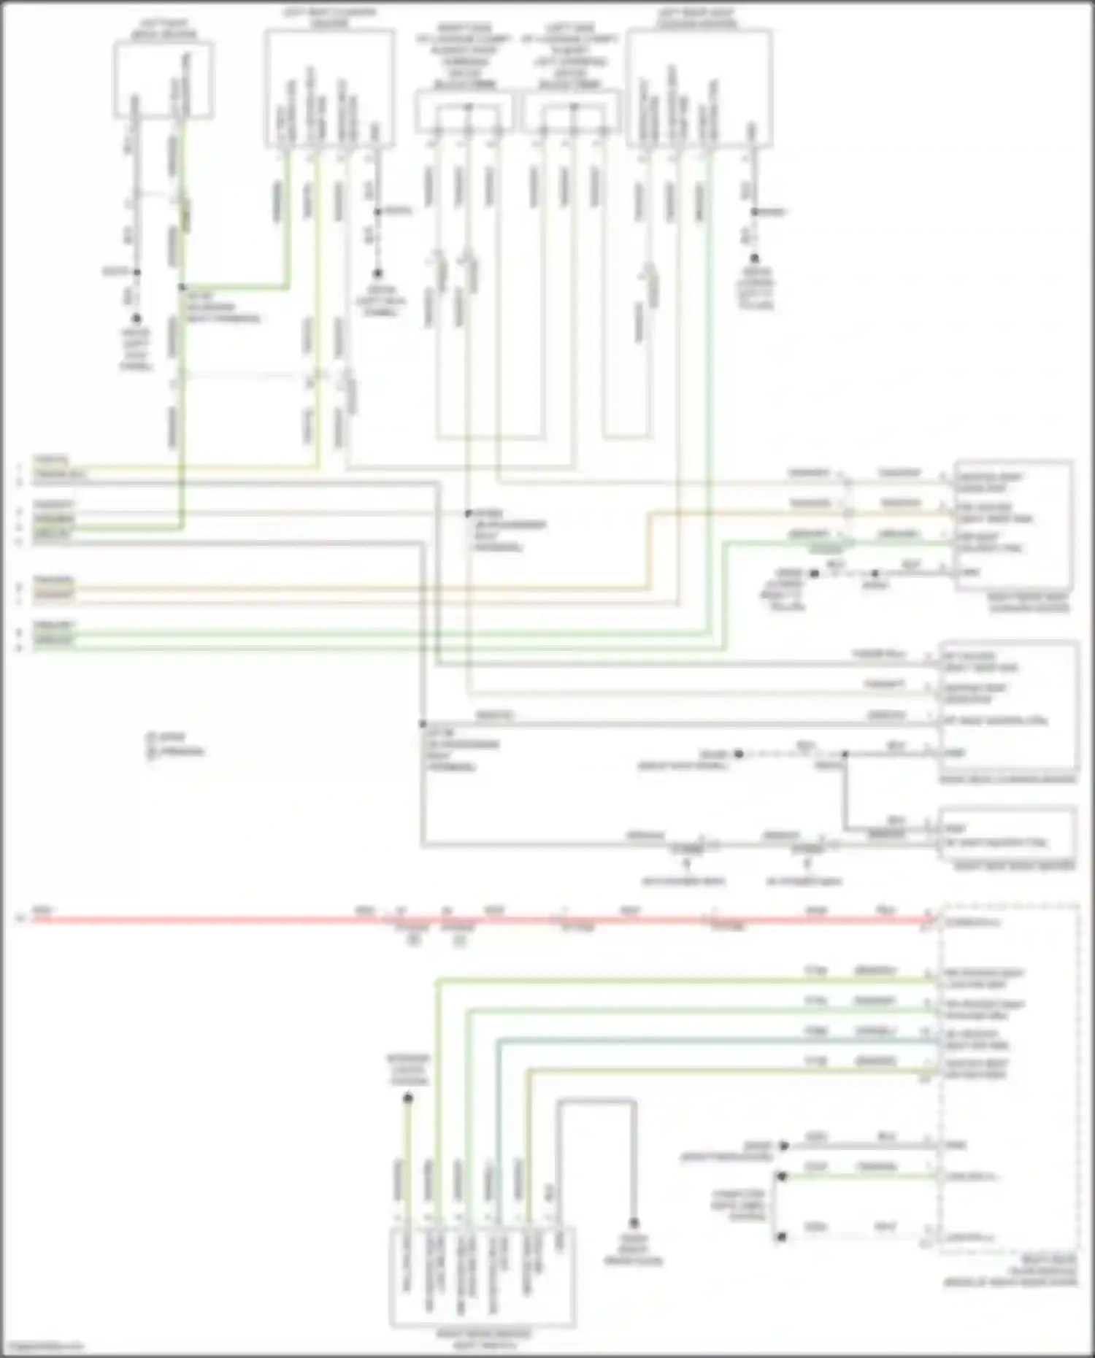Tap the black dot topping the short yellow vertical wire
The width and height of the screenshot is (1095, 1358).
pos(408,1098)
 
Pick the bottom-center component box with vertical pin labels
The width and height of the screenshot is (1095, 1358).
pos(482,1277)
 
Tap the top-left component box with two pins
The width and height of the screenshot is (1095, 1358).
pos(164,79)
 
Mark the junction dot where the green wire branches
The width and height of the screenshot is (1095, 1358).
pos(182,288)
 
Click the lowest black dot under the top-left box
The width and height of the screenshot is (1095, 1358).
pos(136,319)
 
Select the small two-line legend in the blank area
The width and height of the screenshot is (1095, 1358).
pos(175,744)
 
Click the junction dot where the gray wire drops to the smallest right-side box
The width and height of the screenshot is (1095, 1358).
pos(845,754)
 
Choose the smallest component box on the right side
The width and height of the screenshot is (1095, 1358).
pos(1007,833)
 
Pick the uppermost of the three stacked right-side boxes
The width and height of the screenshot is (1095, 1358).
pos(1013,525)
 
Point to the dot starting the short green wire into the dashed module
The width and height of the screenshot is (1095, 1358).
pos(782,1176)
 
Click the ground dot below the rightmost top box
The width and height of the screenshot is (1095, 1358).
pos(755,258)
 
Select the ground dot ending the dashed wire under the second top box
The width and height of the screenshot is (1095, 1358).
pos(377,274)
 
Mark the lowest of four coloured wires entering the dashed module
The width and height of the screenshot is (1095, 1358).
pos(730,1070)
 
